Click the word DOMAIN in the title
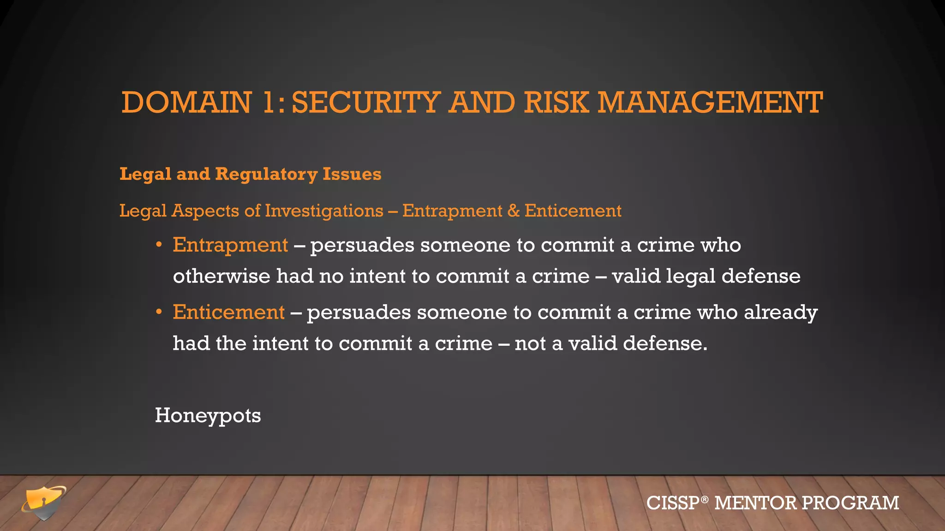(x=186, y=102)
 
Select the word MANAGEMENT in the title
(x=710, y=102)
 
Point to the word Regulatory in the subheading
(x=266, y=174)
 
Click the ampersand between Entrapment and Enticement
(x=513, y=211)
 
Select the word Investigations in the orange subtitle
(x=324, y=211)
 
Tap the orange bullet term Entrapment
(x=230, y=245)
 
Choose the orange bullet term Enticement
(x=228, y=312)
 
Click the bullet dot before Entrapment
(x=159, y=245)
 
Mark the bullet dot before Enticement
(x=159, y=312)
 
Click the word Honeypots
(x=208, y=415)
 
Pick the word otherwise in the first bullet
(x=221, y=276)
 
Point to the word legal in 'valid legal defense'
(x=690, y=276)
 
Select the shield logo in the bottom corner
(x=44, y=502)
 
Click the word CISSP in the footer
(x=673, y=503)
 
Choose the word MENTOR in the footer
(x=755, y=503)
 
